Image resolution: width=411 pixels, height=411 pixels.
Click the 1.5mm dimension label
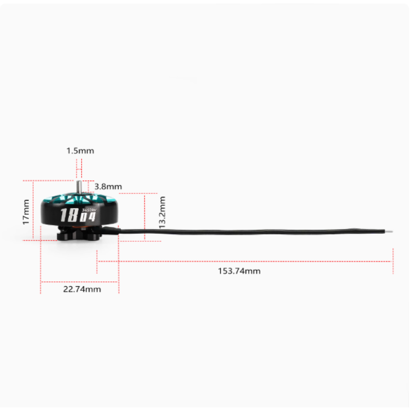(x=80, y=151)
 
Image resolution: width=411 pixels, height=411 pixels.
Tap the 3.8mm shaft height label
(x=108, y=186)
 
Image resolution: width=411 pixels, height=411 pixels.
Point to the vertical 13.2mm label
(x=162, y=212)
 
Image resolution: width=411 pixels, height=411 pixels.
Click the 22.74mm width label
(x=82, y=289)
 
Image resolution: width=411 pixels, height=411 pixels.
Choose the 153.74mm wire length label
(x=239, y=271)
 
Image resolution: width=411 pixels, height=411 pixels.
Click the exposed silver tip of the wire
(x=391, y=231)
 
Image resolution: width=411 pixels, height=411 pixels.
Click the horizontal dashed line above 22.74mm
(x=80, y=282)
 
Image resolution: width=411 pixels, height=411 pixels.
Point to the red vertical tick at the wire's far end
(x=393, y=261)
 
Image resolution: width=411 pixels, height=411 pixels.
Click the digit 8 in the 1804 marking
(x=71, y=215)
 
